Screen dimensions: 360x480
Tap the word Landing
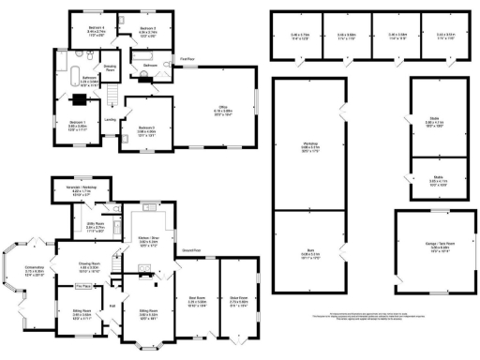click(110, 119)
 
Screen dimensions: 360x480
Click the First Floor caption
click(188, 59)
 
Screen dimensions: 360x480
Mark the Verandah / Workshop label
click(80, 193)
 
